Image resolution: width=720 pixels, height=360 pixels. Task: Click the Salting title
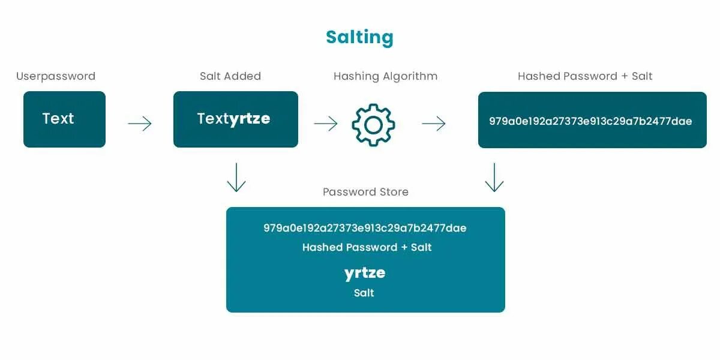coord(359,37)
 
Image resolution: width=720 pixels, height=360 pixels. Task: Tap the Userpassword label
coord(56,76)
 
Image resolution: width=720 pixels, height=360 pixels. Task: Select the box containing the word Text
coord(64,119)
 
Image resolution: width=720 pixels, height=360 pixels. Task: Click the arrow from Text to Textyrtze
coord(140,124)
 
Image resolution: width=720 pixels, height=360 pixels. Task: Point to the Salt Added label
coord(230,76)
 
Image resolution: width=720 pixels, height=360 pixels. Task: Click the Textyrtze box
coord(235,119)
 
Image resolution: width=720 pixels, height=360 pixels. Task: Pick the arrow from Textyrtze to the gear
coord(326,124)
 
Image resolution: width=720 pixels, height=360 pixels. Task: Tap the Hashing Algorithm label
coord(385,76)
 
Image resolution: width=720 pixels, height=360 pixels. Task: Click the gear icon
coord(373,125)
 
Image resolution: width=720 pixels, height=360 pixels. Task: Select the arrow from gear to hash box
coord(434,124)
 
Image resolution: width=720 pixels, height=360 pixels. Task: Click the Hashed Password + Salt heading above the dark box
coord(585,76)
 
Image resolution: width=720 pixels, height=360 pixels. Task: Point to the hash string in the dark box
coord(590,121)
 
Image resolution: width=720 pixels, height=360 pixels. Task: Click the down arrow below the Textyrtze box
coord(236,177)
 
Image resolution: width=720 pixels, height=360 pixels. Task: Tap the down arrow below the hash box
coord(494,177)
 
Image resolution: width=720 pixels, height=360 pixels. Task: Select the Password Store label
coord(365,192)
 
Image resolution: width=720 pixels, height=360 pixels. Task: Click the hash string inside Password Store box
coord(365,228)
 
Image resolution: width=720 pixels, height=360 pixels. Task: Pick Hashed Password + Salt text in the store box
coord(367,247)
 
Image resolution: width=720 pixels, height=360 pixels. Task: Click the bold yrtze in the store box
coord(365,273)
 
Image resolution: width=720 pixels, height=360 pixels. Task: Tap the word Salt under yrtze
coord(364,293)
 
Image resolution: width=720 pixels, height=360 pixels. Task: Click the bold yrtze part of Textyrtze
coord(250,119)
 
